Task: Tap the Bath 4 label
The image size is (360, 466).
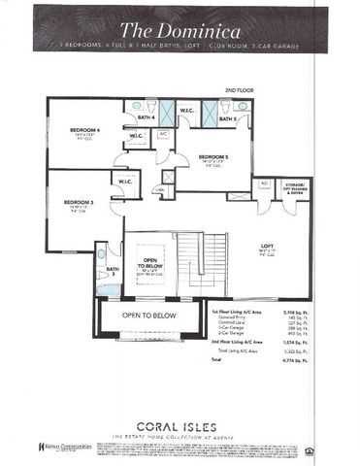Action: (x=147, y=118)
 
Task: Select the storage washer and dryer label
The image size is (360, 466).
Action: (x=295, y=186)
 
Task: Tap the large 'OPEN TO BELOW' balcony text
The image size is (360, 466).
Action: (x=148, y=316)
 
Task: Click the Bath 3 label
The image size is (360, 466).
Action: (x=113, y=271)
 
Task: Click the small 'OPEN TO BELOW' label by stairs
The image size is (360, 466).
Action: (x=150, y=265)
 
